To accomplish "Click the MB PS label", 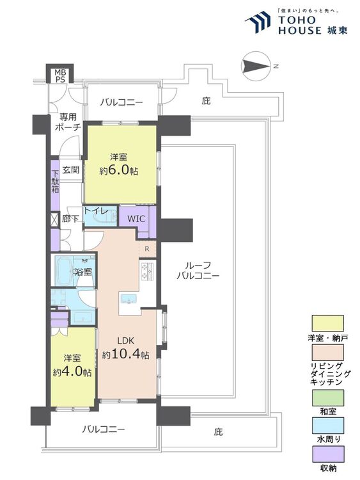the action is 60,76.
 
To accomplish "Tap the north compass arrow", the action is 256,66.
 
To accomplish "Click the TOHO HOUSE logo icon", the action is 258,21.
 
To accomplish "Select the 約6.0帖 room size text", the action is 119,170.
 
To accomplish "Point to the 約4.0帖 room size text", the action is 72,372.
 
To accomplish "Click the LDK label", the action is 126,340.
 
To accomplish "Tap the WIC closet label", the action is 136,219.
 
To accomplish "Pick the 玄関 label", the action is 71,170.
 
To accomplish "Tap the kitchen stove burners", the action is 147,271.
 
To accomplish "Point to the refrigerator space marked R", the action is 147,249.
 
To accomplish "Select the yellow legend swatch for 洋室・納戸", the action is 327,323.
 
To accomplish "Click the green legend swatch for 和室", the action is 327,397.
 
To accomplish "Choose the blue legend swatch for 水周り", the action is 327,426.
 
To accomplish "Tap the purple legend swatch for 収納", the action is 327,454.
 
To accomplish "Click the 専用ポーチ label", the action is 68,122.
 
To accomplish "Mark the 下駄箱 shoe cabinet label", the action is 55,181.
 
